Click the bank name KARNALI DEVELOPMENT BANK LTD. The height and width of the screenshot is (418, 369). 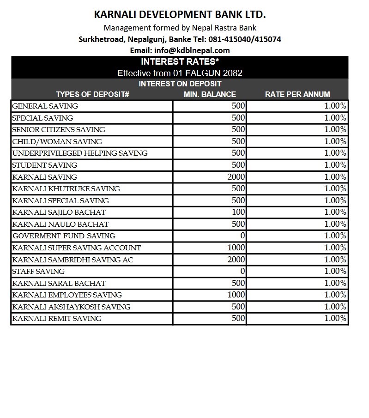180,15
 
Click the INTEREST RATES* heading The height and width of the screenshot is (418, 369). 180,62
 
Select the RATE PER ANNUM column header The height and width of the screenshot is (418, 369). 297,94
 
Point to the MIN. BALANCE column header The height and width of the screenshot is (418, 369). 210,94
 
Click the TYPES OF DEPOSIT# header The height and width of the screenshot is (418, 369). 92,94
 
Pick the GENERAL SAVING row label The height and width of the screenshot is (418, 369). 45,106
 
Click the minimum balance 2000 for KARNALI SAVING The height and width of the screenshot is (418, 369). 236,177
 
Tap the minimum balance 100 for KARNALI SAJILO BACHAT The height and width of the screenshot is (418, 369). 238,212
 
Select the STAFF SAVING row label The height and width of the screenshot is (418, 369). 38,272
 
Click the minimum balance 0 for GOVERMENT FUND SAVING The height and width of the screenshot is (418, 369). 242,236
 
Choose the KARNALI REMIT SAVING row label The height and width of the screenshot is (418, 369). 57,319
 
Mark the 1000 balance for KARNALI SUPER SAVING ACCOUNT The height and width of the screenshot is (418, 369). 236,248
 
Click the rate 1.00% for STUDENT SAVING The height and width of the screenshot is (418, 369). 335,165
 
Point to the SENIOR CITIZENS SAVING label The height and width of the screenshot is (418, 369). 59,130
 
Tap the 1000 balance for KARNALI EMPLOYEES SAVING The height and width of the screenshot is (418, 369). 236,295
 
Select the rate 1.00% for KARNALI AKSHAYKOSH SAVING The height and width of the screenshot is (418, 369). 335,307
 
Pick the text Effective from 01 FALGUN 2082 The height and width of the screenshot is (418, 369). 180,73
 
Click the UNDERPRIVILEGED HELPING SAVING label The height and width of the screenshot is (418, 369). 80,153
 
